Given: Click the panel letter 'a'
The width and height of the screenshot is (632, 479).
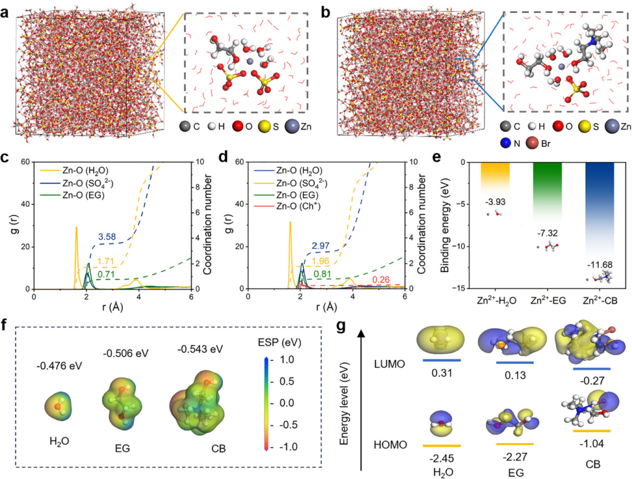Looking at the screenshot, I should [x=6, y=8].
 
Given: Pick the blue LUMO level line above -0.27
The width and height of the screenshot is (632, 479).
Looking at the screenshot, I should [x=592, y=369].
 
